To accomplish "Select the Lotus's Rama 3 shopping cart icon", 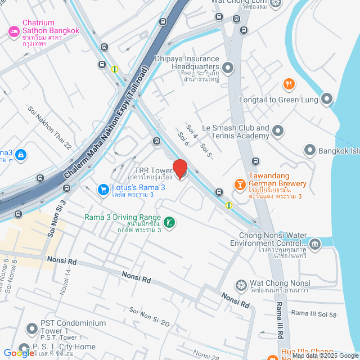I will [103, 190].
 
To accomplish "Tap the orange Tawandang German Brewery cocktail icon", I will [239, 184].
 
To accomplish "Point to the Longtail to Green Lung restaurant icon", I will [289, 84].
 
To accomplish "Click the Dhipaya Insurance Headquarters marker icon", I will [228, 69].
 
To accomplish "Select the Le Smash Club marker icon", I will [278, 132].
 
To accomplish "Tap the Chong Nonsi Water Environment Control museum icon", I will [314, 244].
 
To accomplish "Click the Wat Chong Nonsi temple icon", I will [241, 285].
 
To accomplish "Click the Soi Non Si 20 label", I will [149, 317].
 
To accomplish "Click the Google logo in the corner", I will [18, 353].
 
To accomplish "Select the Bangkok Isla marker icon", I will [309, 150].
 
